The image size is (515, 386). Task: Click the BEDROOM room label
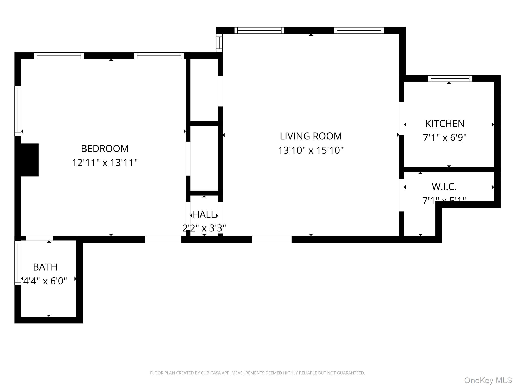pyautogui.click(x=105, y=149)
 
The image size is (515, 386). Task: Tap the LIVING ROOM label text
pyautogui.click(x=311, y=136)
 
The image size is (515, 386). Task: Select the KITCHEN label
pyautogui.click(x=445, y=124)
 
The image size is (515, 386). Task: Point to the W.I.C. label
pyautogui.click(x=444, y=187)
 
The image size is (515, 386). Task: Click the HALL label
pyautogui.click(x=204, y=214)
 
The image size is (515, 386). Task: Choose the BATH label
pyautogui.click(x=45, y=267)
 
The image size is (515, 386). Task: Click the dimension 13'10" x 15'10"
pyautogui.click(x=311, y=150)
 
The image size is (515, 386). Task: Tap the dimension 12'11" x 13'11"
pyautogui.click(x=105, y=163)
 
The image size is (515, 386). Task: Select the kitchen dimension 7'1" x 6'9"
pyautogui.click(x=445, y=138)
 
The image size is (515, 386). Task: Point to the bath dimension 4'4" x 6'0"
pyautogui.click(x=45, y=281)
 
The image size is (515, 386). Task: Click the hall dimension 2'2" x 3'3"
pyautogui.click(x=204, y=228)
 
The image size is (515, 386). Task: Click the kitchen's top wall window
pyautogui.click(x=450, y=79)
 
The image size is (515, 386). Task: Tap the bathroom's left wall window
pyautogui.click(x=18, y=263)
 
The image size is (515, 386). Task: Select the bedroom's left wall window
pyautogui.click(x=18, y=111)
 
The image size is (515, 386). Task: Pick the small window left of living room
pyautogui.click(x=219, y=43)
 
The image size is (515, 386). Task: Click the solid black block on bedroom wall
pyautogui.click(x=29, y=160)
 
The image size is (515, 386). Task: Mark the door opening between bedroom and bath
pyautogui.click(x=39, y=238)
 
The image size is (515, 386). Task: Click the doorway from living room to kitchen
pyautogui.click(x=402, y=118)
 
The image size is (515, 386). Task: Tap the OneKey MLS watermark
pyautogui.click(x=488, y=380)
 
